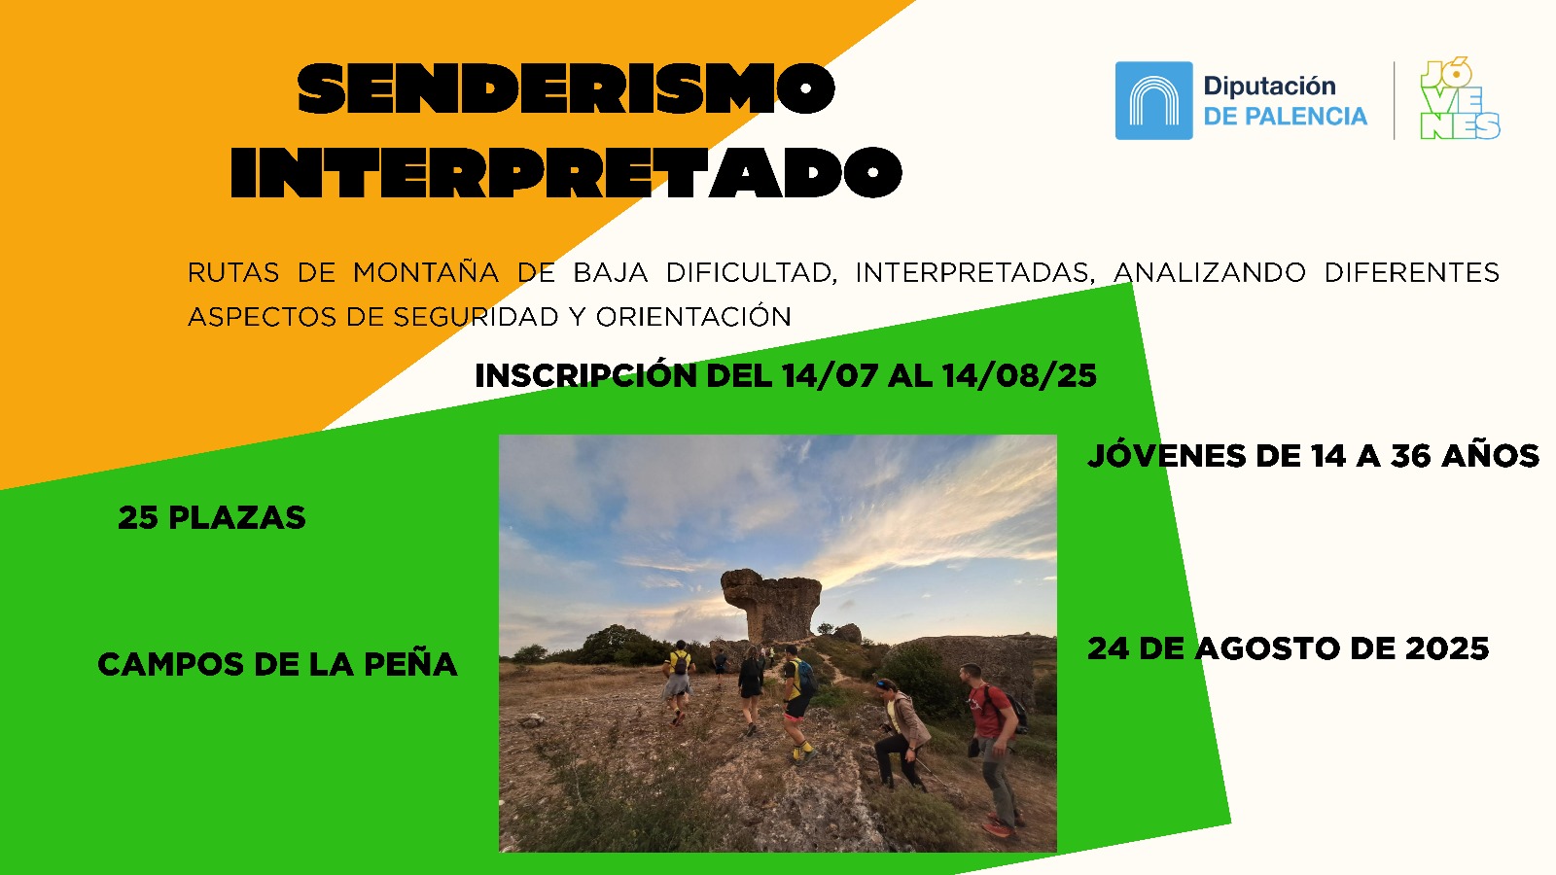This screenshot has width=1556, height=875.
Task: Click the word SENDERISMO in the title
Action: coord(566,88)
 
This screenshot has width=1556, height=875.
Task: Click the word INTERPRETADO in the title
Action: coord(566,172)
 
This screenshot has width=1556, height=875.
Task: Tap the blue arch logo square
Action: coord(1153,101)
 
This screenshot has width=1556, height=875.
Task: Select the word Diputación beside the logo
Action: coord(1270,87)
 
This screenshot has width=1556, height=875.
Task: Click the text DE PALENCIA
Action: coord(1285,117)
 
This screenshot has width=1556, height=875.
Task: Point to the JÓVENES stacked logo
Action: coord(1460,98)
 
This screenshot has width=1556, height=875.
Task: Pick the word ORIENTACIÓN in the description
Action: coord(693,317)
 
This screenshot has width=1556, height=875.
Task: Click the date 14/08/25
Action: coord(1019,375)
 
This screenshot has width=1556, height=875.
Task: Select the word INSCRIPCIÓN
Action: coord(585,375)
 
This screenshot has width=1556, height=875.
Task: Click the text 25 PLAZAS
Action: coord(212,518)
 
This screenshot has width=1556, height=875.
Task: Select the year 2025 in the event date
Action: coord(1447,649)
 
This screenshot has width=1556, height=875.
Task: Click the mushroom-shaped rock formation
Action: coord(770,604)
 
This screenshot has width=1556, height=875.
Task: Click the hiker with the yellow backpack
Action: coord(677,681)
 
